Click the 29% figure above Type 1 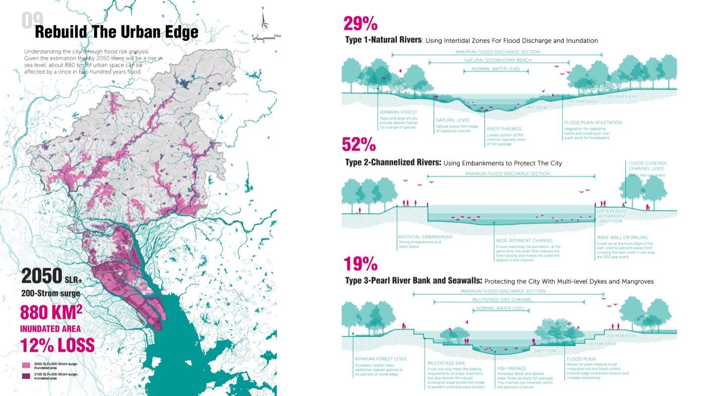[x=360, y=23]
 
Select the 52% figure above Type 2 [x=359, y=144]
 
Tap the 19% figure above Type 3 [x=360, y=264]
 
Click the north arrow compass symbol [x=263, y=21]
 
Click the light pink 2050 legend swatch [x=26, y=365]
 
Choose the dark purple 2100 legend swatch [x=26, y=376]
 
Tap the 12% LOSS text [x=57, y=345]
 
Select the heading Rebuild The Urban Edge [x=116, y=32]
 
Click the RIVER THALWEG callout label [x=504, y=129]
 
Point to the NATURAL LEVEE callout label [x=452, y=120]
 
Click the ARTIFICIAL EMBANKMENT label [x=425, y=236]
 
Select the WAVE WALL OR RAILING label [x=622, y=237]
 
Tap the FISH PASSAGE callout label [x=512, y=368]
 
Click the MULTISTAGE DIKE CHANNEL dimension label [x=509, y=299]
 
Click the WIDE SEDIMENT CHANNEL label [x=524, y=241]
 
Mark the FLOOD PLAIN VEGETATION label [x=593, y=122]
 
